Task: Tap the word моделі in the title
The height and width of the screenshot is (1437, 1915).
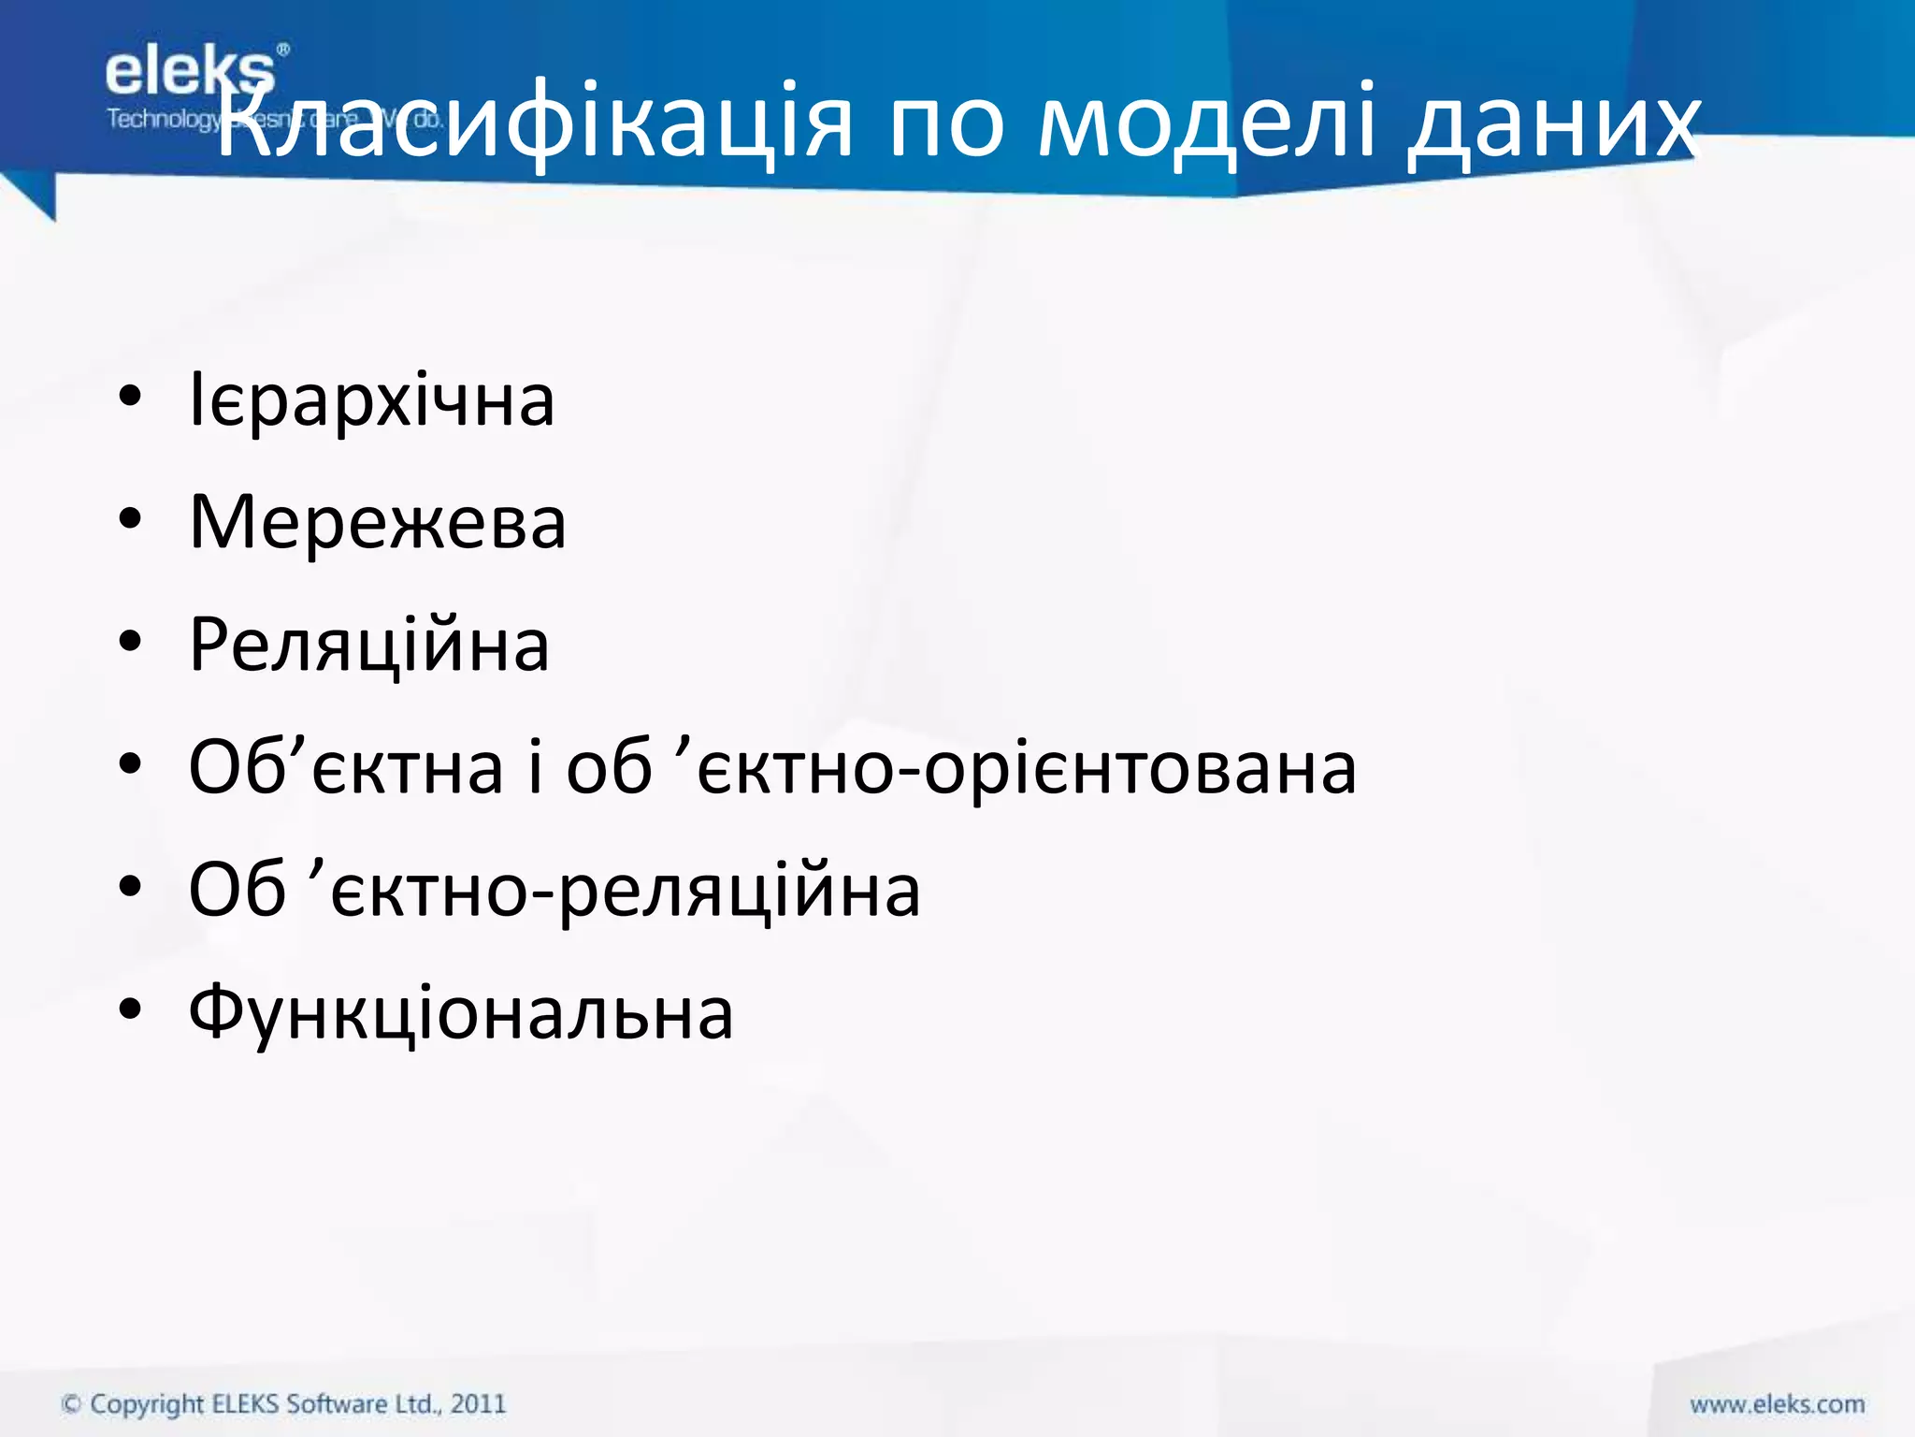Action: [x=1206, y=122]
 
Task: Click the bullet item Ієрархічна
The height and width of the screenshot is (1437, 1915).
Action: [x=372, y=400]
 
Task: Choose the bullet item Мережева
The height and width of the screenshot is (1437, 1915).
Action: [x=378, y=522]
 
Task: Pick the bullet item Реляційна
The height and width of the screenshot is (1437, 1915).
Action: [x=369, y=646]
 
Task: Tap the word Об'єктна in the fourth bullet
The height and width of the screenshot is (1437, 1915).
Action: [x=346, y=767]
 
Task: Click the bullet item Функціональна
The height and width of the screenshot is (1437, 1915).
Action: [x=461, y=1013]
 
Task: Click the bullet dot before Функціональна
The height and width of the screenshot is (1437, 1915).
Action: [x=130, y=1010]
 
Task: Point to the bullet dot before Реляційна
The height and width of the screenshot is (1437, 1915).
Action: [x=130, y=644]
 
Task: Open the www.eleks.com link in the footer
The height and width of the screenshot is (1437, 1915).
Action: [x=1777, y=1404]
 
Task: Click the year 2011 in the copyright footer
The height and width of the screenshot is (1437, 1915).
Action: [x=478, y=1404]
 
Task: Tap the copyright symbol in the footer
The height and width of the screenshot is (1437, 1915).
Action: [x=71, y=1404]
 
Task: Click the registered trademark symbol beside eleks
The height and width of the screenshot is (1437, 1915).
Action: [x=283, y=49]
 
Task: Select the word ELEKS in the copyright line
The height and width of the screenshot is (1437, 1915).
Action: [x=246, y=1404]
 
